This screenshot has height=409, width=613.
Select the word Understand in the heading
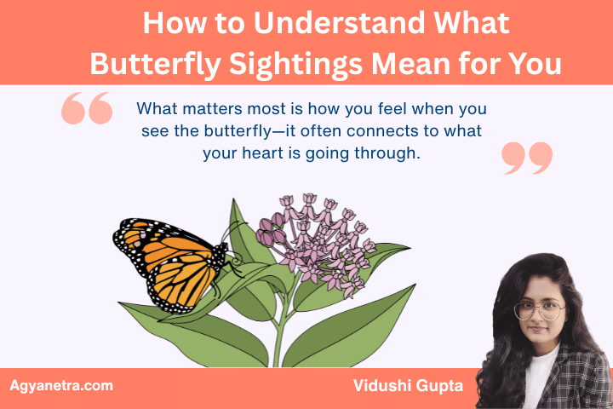[x=335, y=23]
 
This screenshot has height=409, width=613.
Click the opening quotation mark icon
[x=87, y=110]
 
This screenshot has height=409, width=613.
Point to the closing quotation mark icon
[x=527, y=158]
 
